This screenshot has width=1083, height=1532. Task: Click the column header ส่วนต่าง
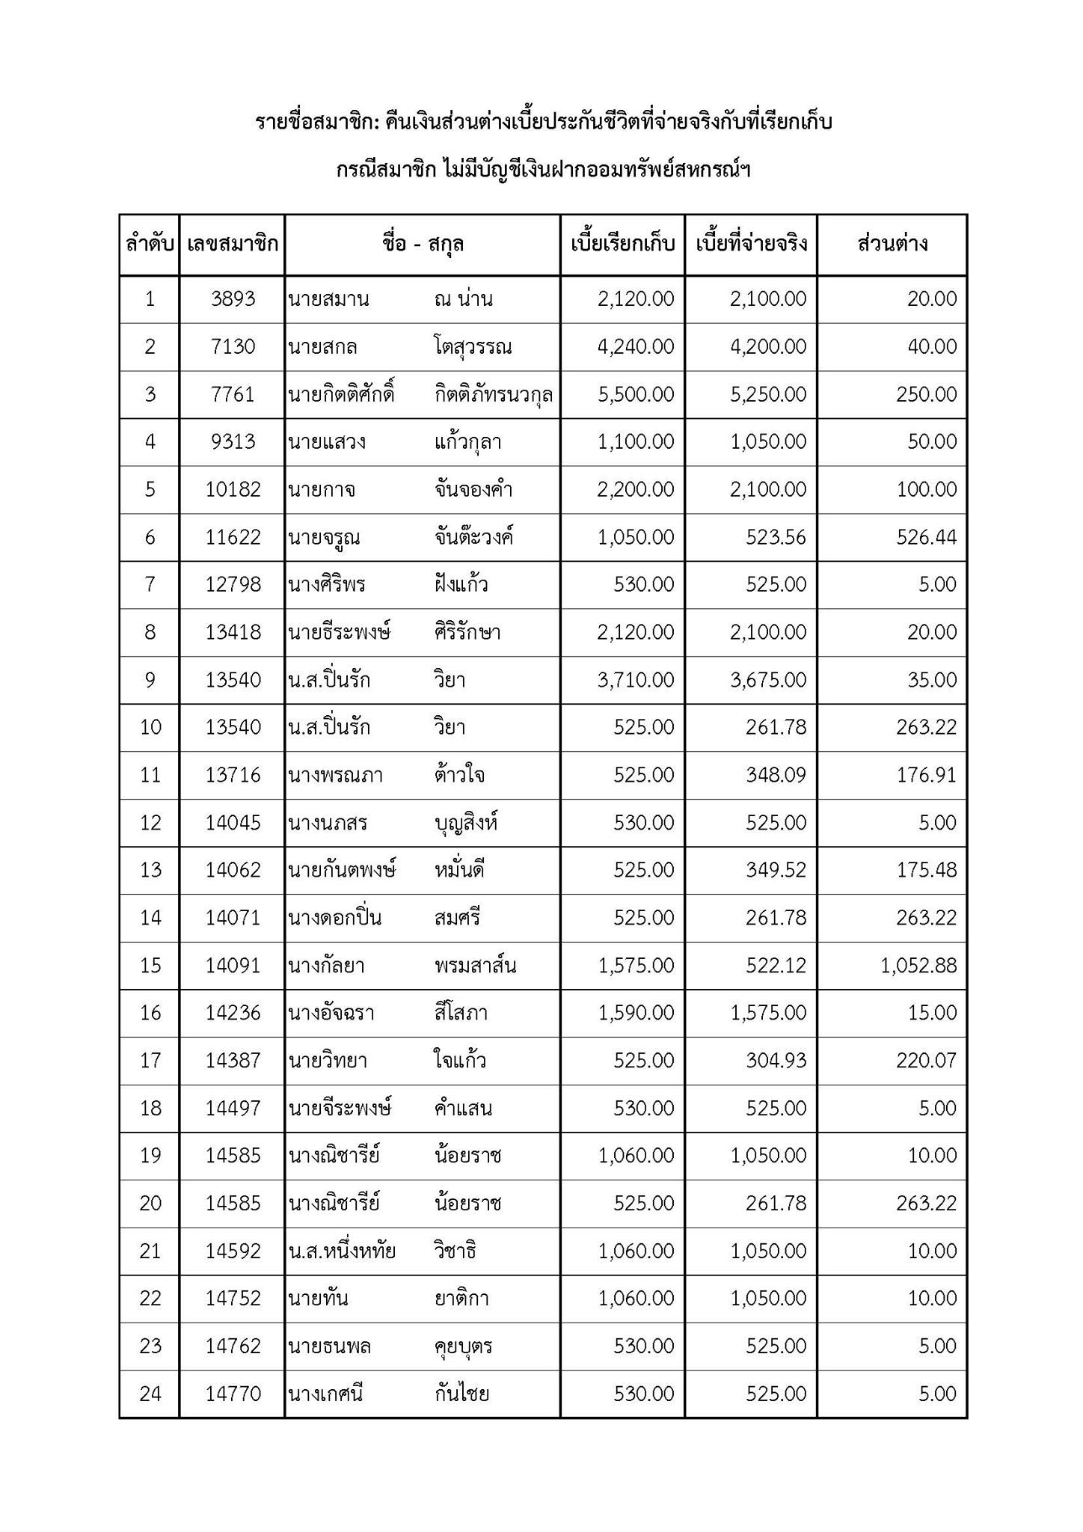pyautogui.click(x=892, y=244)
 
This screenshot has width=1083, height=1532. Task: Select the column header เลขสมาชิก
pyautogui.click(x=233, y=244)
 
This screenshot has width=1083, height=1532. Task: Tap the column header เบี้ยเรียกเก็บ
pyautogui.click(x=622, y=244)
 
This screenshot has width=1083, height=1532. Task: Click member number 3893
pyautogui.click(x=233, y=299)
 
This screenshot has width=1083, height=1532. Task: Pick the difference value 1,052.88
pyautogui.click(x=918, y=966)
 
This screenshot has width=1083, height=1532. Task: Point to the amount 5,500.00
pyautogui.click(x=636, y=394)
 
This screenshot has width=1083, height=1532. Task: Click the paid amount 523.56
pyautogui.click(x=776, y=537)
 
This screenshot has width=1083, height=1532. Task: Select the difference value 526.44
pyautogui.click(x=926, y=537)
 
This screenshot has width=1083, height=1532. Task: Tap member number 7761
pyautogui.click(x=233, y=394)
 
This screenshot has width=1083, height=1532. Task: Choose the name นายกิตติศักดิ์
pyautogui.click(x=341, y=394)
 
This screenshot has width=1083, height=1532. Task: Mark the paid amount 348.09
pyautogui.click(x=776, y=775)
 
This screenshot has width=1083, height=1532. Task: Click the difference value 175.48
pyautogui.click(x=926, y=870)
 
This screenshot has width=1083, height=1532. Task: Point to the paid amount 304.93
pyautogui.click(x=776, y=1061)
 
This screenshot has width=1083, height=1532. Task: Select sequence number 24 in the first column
pyautogui.click(x=150, y=1394)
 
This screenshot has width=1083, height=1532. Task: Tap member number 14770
pyautogui.click(x=233, y=1394)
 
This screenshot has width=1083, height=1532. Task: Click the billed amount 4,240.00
pyautogui.click(x=636, y=347)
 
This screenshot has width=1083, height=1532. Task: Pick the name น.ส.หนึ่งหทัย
pyautogui.click(x=342, y=1251)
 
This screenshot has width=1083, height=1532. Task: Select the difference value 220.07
pyautogui.click(x=926, y=1061)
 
